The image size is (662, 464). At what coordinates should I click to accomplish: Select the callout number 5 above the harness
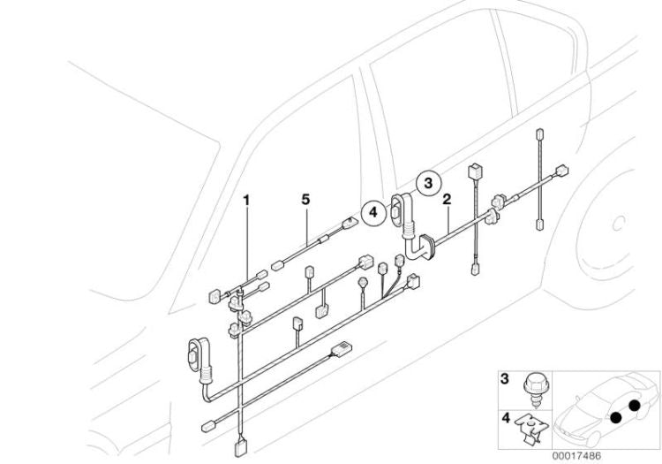click(x=305, y=201)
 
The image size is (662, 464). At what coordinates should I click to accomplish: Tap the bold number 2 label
click(x=448, y=201)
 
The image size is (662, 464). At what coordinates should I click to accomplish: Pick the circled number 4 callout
click(x=372, y=211)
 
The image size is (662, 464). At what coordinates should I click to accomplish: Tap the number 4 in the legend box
click(x=504, y=413)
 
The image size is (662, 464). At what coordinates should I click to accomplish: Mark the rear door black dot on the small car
click(x=636, y=406)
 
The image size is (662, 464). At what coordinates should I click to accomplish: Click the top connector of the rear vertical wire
click(x=538, y=134)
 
